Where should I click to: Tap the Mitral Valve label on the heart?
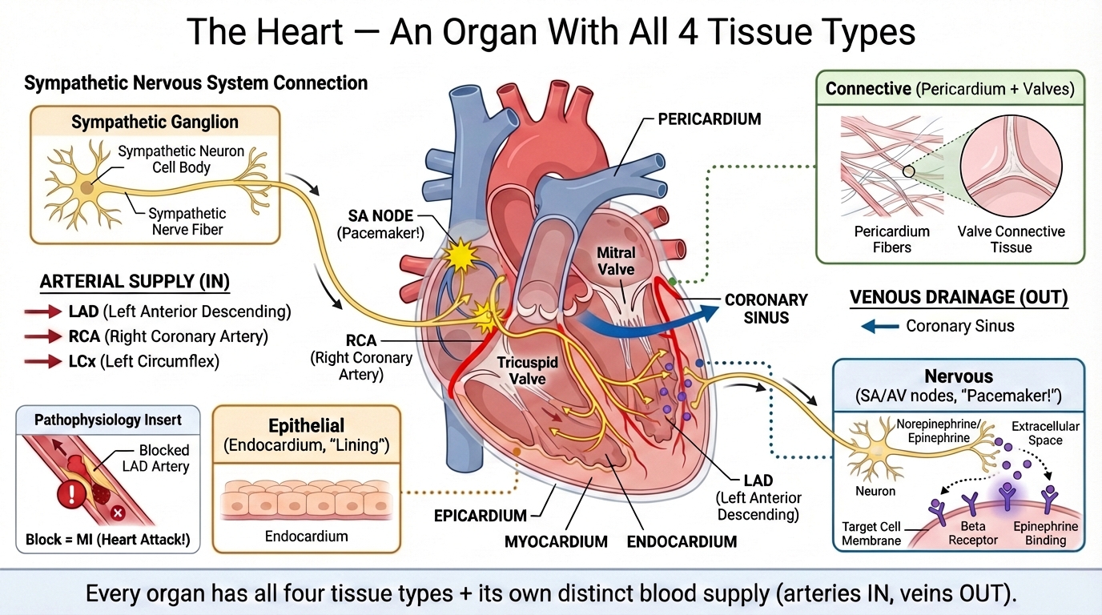coord(616,261)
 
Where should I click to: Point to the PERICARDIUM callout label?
coord(709,119)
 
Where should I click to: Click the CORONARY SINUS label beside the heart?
coord(766,308)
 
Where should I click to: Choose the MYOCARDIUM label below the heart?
coord(556,542)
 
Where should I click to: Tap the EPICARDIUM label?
coord(481,516)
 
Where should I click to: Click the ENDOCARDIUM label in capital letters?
coord(682,542)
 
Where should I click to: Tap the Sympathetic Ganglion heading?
coord(155,123)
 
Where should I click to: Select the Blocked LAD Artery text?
coord(163,458)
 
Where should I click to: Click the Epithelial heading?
coord(307,425)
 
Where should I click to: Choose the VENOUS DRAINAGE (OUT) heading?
coord(958,298)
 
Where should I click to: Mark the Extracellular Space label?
coord(1045,433)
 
